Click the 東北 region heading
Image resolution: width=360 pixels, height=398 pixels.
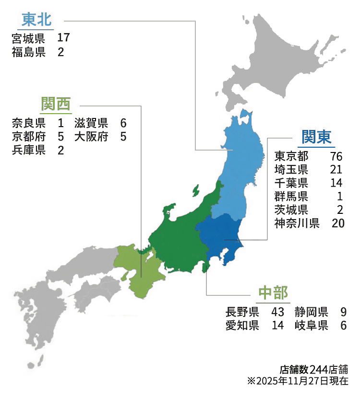tap(36, 21)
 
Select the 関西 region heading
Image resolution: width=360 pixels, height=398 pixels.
tap(56, 103)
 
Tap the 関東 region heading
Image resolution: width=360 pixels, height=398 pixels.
tap(316, 137)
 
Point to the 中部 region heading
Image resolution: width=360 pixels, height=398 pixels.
tap(273, 293)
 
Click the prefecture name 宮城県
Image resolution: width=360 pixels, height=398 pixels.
tap(29, 38)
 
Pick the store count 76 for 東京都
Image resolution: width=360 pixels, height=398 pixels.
tap(336, 157)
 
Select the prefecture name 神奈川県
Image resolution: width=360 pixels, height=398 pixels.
tap(297, 223)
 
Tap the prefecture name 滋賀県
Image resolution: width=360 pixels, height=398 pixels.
tap(91, 123)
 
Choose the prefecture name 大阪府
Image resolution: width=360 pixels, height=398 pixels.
tap(91, 137)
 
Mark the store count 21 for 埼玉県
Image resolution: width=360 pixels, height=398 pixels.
tap(336, 170)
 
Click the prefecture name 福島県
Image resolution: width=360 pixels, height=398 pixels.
tap(29, 52)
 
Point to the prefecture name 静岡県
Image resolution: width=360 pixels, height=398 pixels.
tap(312, 312)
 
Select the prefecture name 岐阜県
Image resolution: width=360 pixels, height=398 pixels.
tap(312, 326)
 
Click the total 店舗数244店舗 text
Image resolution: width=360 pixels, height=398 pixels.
tap(313, 370)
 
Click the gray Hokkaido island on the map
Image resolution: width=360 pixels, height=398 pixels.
tap(288, 58)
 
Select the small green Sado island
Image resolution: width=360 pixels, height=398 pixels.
tap(195, 190)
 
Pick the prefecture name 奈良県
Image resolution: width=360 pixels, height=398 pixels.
tap(29, 123)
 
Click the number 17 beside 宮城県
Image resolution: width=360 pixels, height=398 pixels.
tap(63, 38)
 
